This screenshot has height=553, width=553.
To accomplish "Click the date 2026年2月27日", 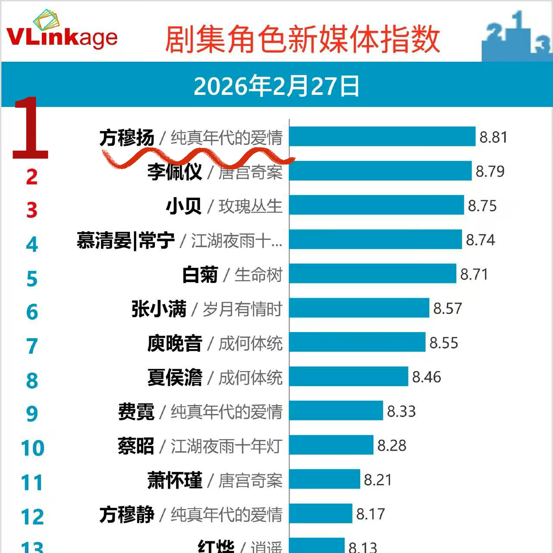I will click(x=276, y=86).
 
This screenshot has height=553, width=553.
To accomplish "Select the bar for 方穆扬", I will click(x=382, y=137).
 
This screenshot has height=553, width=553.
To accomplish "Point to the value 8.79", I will click(x=490, y=171).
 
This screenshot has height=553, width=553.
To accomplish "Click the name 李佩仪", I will click(x=174, y=172).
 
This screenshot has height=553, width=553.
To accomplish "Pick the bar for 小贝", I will click(x=377, y=205).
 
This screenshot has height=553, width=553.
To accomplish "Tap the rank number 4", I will click(x=32, y=245).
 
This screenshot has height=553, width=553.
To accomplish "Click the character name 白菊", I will click(x=200, y=275).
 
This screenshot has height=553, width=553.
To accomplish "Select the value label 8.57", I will click(x=447, y=308).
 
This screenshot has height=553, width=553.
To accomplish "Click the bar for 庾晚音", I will click(x=357, y=342).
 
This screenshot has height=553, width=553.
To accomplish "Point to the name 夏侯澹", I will click(x=175, y=377).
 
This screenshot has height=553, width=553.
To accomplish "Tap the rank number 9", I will click(x=32, y=414).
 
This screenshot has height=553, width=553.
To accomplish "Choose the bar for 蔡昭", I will click(x=331, y=445).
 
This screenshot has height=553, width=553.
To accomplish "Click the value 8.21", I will click(x=378, y=480).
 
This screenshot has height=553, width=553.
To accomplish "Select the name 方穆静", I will click(x=127, y=514).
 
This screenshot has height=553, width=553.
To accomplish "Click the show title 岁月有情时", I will click(x=242, y=309).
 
